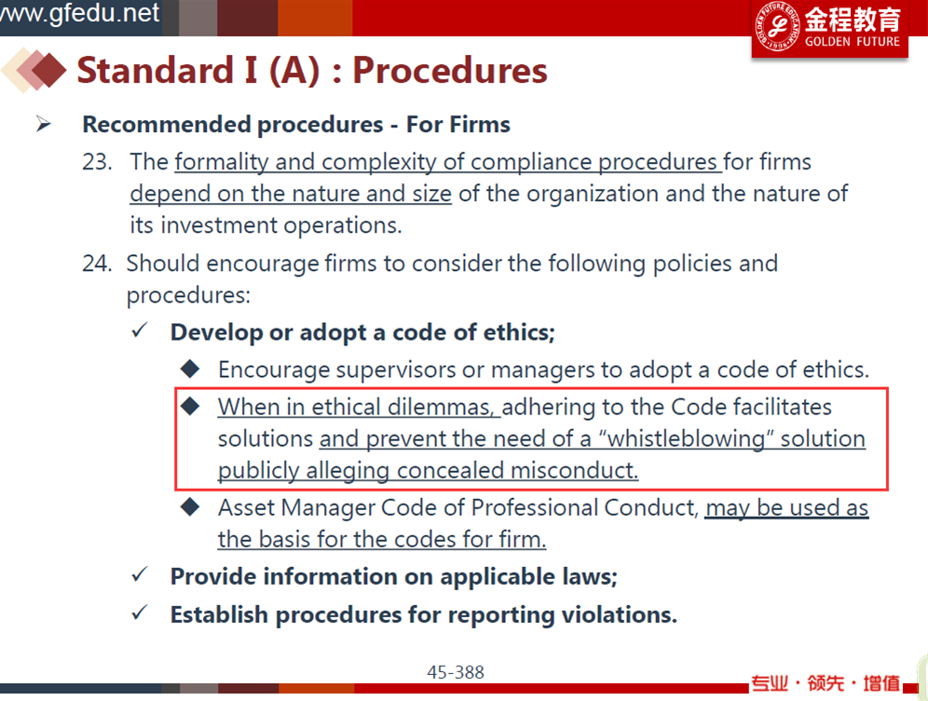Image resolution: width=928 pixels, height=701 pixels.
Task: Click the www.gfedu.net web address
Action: point(80,13)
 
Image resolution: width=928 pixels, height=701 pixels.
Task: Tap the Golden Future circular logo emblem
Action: point(778,26)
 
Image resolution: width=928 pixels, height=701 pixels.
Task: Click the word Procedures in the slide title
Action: point(450,71)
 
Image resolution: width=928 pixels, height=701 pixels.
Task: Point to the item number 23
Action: point(97,162)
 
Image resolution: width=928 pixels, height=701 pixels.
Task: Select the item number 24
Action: point(97,263)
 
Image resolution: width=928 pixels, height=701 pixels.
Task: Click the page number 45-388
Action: point(455,672)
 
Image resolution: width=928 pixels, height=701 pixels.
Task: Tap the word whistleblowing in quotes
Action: point(686,438)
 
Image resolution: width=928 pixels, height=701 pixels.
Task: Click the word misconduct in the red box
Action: point(575,471)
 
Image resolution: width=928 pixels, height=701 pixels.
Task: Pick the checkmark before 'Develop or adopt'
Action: point(140,330)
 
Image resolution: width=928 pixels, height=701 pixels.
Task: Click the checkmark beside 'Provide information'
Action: point(140,574)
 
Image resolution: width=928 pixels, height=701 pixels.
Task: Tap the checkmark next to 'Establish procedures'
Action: point(140,613)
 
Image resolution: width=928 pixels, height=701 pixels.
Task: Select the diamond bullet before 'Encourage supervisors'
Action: point(190,369)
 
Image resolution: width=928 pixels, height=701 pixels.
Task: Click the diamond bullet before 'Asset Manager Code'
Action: point(190,507)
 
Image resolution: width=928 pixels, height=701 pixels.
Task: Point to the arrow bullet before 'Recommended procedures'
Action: point(43,124)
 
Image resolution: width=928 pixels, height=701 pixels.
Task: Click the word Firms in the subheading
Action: point(480,125)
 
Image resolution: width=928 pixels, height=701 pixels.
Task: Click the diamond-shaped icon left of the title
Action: point(34,70)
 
